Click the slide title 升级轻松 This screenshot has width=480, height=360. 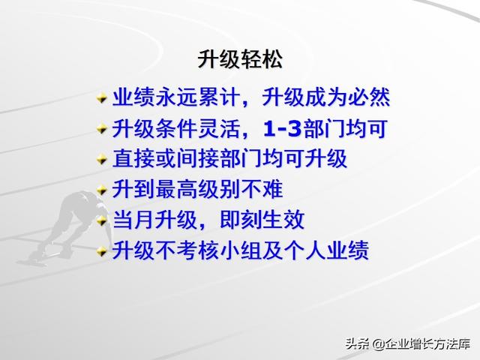pos(240,59)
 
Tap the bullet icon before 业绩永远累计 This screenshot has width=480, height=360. pos(102,98)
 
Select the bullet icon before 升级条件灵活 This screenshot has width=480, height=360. pos(102,129)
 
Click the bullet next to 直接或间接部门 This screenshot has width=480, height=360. pos(102,159)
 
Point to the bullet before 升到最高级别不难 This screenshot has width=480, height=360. pos(102,190)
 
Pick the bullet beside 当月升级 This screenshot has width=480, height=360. pos(102,220)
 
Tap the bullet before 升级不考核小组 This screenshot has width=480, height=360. pos(102,251)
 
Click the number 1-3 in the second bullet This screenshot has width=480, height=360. pos(283,128)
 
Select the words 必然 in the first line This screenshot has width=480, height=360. pos(368,97)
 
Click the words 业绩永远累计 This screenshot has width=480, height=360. pos(176,97)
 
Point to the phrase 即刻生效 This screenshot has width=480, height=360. pos(262,219)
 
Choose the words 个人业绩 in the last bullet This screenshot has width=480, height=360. pos(326,250)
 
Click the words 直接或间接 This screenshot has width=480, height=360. pos(166,158)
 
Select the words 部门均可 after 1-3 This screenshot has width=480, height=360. pos(345,128)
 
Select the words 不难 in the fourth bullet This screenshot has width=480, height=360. pos(262,189)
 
